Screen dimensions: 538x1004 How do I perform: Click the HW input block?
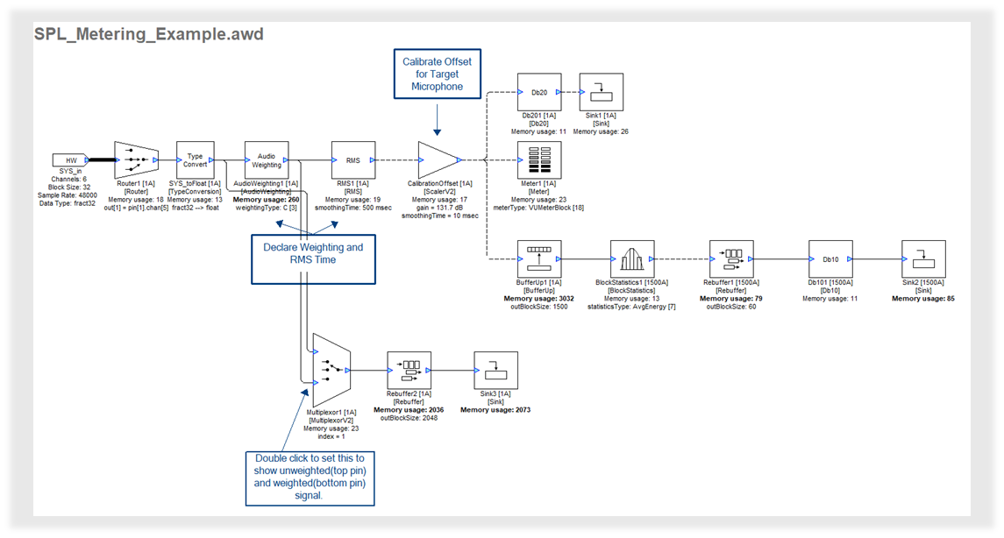pos(71,160)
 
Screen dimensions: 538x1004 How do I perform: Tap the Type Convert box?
pos(196,160)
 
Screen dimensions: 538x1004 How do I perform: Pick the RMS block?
pos(353,160)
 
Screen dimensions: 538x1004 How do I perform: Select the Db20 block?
pos(539,91)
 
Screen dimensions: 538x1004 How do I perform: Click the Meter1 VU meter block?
pos(539,160)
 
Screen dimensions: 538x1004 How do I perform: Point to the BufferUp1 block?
pos(539,259)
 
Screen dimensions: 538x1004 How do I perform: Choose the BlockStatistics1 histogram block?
pos(631,259)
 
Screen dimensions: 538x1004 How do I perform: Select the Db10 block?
pos(830,259)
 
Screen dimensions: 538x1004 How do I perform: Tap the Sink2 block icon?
pos(922,259)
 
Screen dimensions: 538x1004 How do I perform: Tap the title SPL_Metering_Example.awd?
pos(148,34)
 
